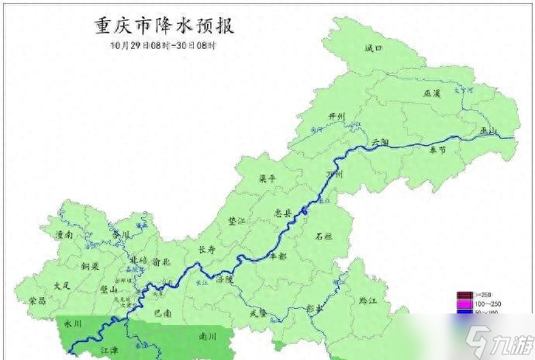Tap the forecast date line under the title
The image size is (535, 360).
tap(163, 45)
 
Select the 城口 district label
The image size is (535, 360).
tap(374, 49)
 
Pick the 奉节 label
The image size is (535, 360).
tap(438, 151)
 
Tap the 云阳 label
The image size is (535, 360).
tap(380, 143)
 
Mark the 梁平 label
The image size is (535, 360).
tap(267, 178)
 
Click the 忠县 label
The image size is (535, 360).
tap(283, 212)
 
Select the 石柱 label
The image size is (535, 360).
tap(324, 237)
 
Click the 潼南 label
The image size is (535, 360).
tap(64, 234)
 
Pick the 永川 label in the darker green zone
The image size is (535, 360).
tap(72, 323)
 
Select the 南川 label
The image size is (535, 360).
tap(208, 337)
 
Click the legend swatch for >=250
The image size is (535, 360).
tap(463, 295)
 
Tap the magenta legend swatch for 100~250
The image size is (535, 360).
tap(463, 304)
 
